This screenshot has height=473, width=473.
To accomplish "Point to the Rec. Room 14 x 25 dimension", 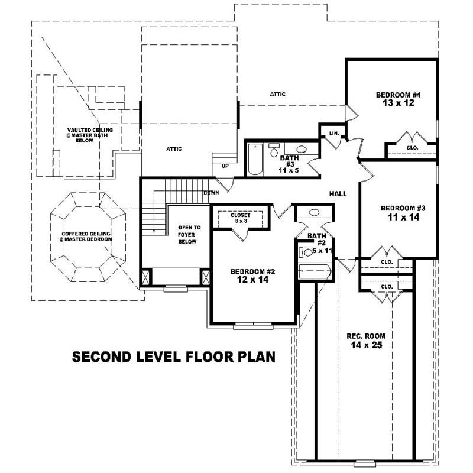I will pyautogui.click(x=363, y=345).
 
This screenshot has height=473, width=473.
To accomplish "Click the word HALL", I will pyautogui.click(x=338, y=194).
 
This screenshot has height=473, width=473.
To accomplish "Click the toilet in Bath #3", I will pyautogui.click(x=274, y=152).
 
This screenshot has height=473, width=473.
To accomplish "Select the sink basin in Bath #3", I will pyautogui.click(x=300, y=149).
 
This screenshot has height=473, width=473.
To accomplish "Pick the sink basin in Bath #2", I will pyautogui.click(x=314, y=212).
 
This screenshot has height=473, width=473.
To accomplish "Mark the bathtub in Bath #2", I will pyautogui.click(x=315, y=273).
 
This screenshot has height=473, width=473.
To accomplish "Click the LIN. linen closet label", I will pyautogui.click(x=333, y=134).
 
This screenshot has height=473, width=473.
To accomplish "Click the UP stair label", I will pyautogui.click(x=225, y=166).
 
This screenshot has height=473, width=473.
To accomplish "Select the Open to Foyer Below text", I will pyautogui.click(x=189, y=235).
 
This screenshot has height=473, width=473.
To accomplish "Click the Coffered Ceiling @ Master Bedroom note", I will pyautogui.click(x=86, y=237).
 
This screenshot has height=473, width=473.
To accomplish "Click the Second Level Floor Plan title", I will pyautogui.click(x=173, y=357).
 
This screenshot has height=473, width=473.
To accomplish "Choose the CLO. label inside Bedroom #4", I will pyautogui.click(x=413, y=147).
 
